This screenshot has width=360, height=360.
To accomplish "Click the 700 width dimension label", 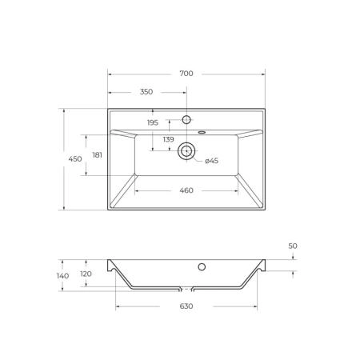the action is [186, 74].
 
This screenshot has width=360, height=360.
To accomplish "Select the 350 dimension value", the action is [146, 92].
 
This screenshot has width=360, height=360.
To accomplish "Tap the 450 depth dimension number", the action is [75, 159].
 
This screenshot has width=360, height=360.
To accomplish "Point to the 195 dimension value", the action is [153, 122].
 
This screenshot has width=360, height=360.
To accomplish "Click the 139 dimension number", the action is [169, 139].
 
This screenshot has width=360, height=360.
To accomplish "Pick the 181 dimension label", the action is [98, 155].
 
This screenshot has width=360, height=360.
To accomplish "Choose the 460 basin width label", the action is [186, 190].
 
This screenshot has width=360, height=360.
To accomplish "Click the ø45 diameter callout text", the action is [212, 161].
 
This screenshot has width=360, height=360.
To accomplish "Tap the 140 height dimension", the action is [63, 276].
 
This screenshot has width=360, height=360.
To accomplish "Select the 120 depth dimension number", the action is [86, 274].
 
